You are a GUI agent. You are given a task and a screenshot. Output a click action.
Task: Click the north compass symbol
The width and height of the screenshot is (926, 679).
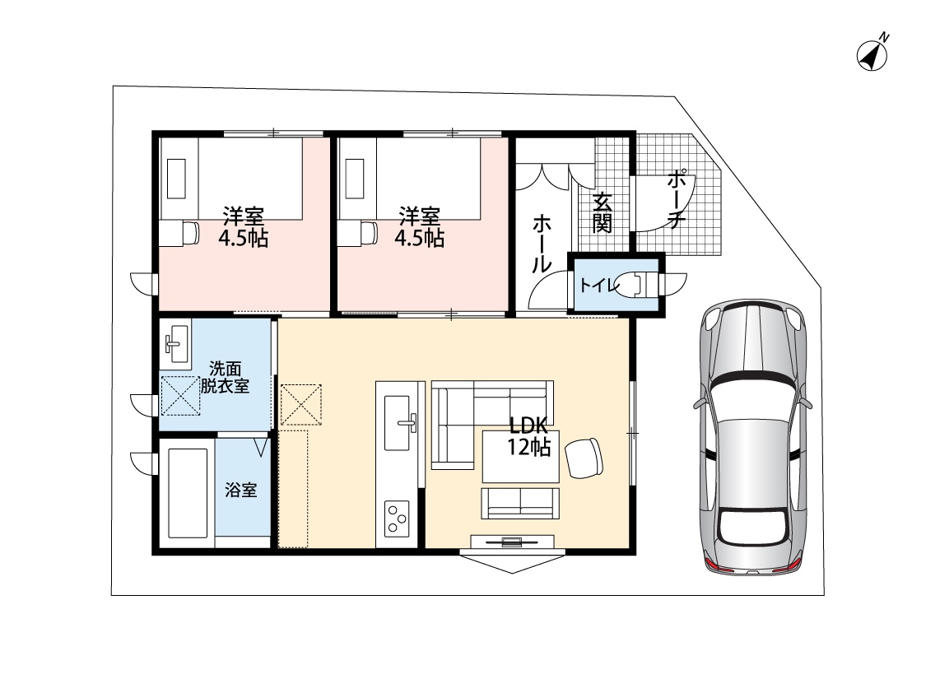[x=872, y=54]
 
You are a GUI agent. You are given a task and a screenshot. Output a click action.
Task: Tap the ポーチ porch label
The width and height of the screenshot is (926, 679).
[x=677, y=199]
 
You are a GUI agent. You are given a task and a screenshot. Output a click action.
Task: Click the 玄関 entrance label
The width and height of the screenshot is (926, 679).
[x=602, y=212]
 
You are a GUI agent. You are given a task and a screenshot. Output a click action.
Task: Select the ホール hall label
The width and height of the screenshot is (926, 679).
[x=542, y=244]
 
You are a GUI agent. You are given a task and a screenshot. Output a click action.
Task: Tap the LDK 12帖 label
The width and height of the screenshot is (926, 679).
[x=530, y=435]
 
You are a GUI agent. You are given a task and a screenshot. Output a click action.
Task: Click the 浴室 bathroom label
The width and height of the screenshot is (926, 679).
[x=241, y=490]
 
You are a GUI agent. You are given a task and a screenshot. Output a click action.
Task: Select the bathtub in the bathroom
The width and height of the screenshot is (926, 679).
[x=187, y=494]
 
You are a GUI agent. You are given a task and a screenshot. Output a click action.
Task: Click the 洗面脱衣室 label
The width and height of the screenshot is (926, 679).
[x=225, y=377]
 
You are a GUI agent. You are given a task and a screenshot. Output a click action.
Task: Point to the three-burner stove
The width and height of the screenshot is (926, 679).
[x=397, y=519]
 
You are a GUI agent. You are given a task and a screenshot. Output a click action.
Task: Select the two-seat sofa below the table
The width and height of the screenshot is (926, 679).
[x=520, y=504]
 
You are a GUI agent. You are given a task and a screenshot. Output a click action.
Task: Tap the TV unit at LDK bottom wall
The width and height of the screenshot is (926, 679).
[x=512, y=542]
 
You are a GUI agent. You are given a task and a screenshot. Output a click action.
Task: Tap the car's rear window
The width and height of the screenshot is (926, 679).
[x=753, y=528]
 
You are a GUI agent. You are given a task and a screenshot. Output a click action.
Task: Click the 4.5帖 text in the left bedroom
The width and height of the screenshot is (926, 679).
[x=244, y=240]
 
